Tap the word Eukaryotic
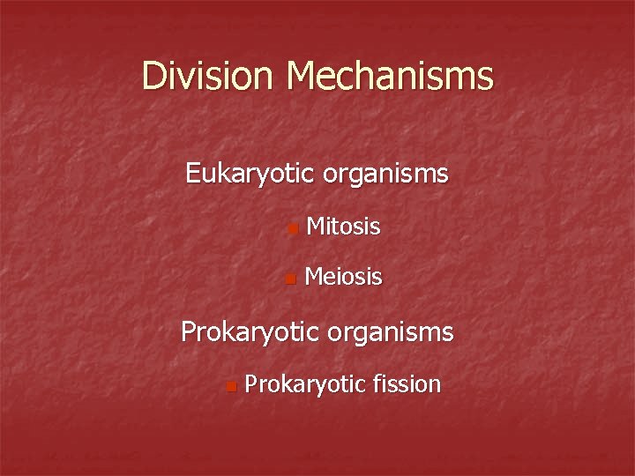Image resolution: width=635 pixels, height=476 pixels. (250, 173)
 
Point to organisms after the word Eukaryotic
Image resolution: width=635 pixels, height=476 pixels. (385, 173)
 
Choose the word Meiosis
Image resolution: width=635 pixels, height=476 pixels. (343, 278)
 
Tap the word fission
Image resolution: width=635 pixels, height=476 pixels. (407, 383)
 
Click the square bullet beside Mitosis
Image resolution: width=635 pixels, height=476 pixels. (292, 231)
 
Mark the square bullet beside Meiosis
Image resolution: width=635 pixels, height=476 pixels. (292, 281)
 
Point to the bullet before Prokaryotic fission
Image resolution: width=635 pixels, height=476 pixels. (230, 387)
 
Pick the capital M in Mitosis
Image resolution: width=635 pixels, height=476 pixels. (314, 227)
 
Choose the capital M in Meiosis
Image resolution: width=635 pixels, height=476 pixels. (314, 278)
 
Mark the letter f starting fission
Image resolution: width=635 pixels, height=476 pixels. (377, 383)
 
